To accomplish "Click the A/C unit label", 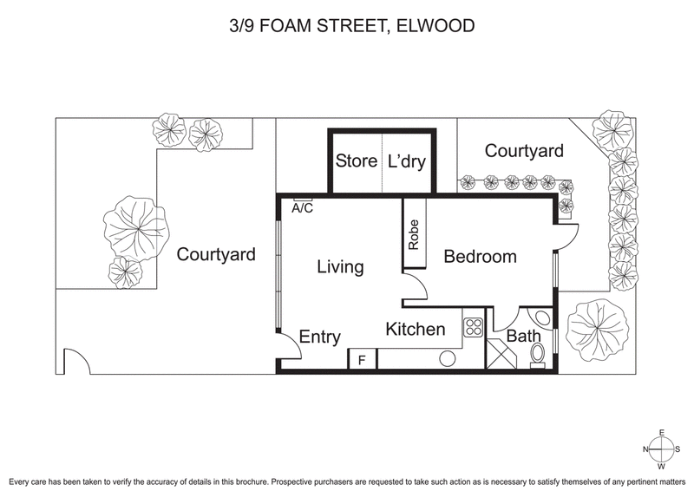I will [x=303, y=208].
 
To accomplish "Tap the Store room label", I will [x=356, y=161].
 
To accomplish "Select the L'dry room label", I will [x=407, y=161].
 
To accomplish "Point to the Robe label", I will [x=414, y=234].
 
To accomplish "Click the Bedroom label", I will [x=480, y=257].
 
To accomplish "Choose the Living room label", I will [x=339, y=267].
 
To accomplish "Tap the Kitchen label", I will [x=416, y=330].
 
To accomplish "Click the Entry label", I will [x=320, y=337].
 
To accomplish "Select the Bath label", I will [x=523, y=336].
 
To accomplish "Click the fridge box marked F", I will [x=362, y=359].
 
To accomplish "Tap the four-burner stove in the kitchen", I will [x=474, y=327].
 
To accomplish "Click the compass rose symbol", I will [x=662, y=448].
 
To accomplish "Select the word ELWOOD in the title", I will [x=436, y=26].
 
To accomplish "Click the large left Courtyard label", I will [x=216, y=255].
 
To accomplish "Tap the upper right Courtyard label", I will [x=524, y=151].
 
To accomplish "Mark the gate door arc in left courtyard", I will [x=76, y=362].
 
